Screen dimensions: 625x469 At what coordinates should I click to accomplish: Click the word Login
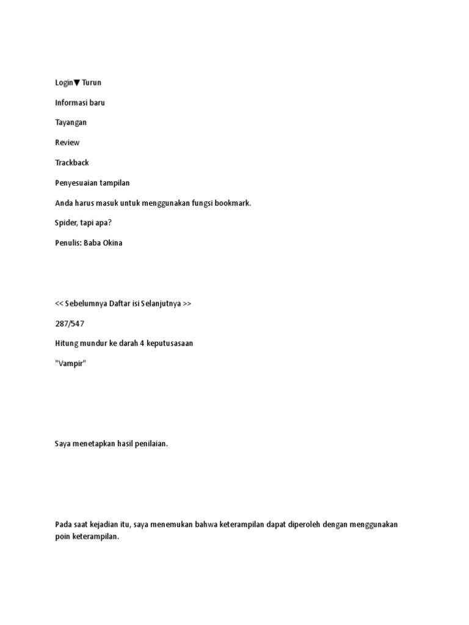(x=64, y=82)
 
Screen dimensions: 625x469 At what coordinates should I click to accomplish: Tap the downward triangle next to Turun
(x=77, y=83)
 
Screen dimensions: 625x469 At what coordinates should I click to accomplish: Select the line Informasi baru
(x=79, y=103)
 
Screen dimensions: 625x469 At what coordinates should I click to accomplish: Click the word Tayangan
(x=71, y=123)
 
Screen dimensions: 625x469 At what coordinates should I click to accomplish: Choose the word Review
(x=67, y=143)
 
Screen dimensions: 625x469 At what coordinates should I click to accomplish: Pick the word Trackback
(x=72, y=163)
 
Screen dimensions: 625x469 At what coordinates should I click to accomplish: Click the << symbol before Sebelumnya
(x=59, y=303)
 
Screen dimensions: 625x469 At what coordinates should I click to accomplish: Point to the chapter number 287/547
(x=70, y=323)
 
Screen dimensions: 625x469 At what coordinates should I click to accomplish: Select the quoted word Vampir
(x=71, y=364)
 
